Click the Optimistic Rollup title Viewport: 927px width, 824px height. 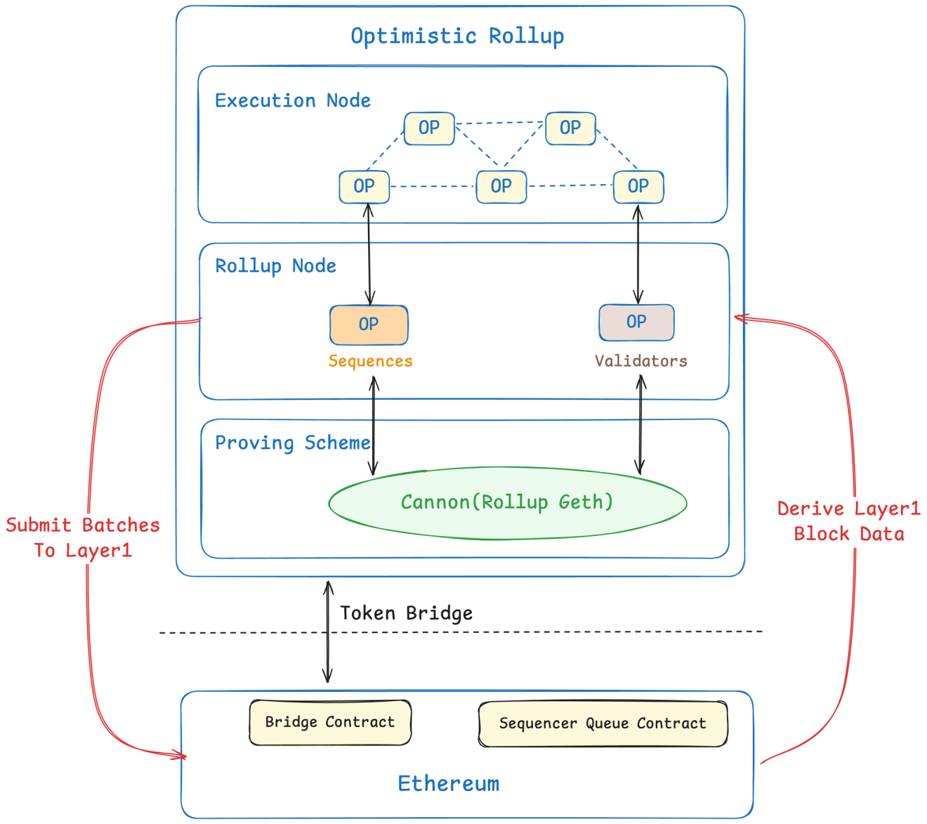point(457,36)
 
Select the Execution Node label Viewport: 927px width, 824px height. point(292,100)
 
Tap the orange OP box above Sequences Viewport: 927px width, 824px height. point(369,325)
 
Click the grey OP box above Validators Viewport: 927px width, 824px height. point(636,322)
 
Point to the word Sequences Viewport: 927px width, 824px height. point(370,361)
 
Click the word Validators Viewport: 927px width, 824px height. point(640,361)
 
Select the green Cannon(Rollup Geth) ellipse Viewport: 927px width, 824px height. point(507,503)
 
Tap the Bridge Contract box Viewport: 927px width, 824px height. point(330,722)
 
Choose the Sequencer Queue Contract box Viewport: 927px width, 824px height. point(603,724)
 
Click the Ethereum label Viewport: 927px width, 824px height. point(448,783)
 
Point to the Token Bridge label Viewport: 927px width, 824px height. point(406,613)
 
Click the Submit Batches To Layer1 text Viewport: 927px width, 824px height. point(83,537)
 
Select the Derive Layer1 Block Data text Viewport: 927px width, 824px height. point(848,521)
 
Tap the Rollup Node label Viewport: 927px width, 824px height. point(275,266)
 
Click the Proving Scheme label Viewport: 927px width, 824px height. point(292,443)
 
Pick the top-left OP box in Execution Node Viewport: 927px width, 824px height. point(429,129)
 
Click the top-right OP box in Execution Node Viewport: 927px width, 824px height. point(570,129)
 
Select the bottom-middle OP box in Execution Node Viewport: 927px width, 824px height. point(501,187)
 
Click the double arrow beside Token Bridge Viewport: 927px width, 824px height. point(327,632)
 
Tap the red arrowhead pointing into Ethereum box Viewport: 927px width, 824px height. point(179,755)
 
